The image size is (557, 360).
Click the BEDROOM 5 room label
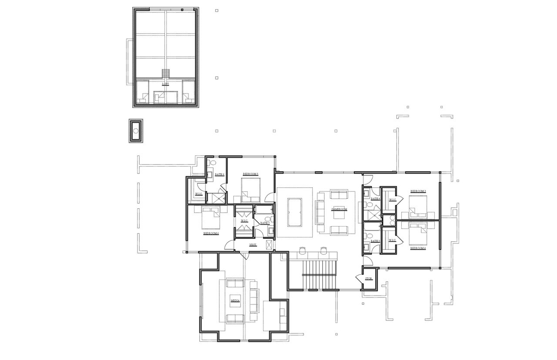(251, 174)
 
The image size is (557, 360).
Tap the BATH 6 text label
(219, 174)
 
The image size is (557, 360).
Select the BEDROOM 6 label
(211, 233)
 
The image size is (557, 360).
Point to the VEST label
(253, 245)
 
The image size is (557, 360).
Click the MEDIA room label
(235, 301)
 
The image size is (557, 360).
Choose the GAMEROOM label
(339, 209)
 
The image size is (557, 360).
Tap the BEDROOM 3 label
(418, 191)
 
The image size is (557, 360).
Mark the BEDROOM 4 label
(418, 248)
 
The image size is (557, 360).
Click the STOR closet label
(369, 278)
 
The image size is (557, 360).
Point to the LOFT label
(165, 84)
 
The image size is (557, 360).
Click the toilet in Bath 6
(211, 163)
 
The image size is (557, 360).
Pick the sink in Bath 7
(270, 230)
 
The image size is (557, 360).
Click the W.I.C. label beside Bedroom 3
(392, 200)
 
